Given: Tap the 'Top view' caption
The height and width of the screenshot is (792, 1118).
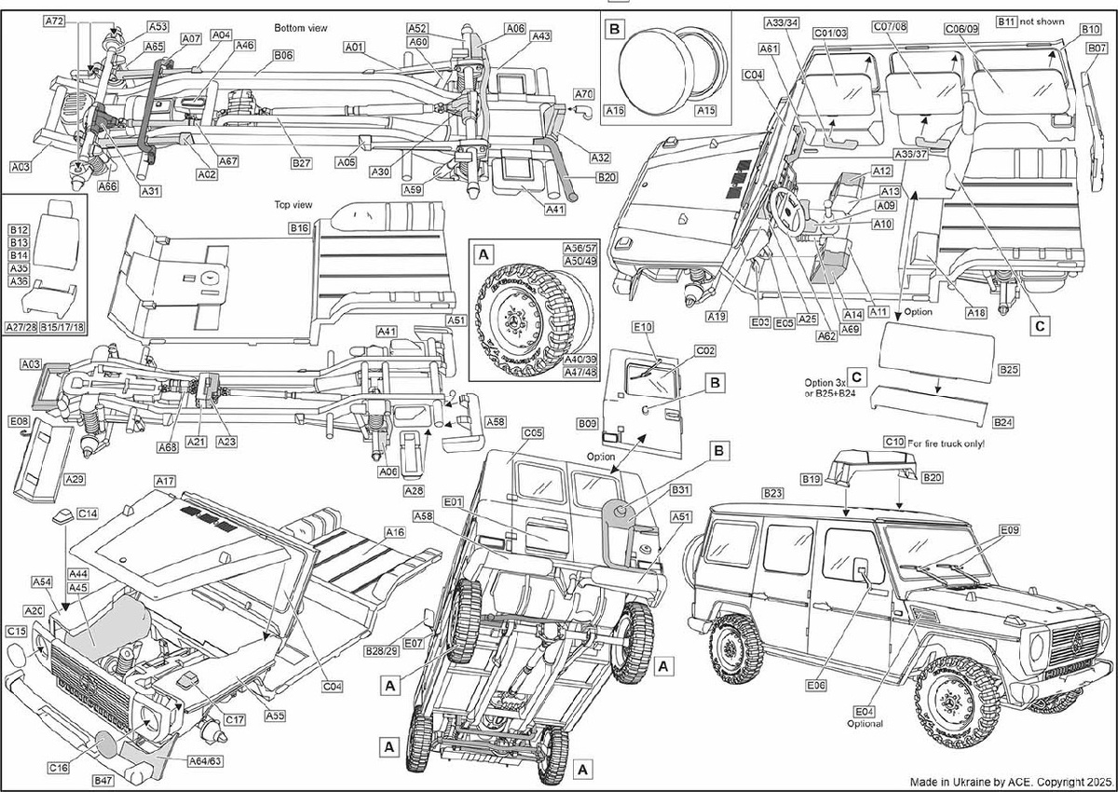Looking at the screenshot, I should [293, 203].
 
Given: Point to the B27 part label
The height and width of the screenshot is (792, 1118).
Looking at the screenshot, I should [301, 163].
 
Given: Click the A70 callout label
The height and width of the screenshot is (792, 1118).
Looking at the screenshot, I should [584, 94].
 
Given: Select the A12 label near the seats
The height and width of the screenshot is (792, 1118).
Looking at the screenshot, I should [882, 171].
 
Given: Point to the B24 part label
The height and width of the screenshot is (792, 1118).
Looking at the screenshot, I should [1003, 422].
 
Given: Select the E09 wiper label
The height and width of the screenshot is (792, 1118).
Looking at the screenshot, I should [1009, 531].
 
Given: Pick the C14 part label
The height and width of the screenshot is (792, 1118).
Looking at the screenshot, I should [89, 513].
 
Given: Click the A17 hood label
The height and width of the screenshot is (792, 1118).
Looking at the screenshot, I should [166, 481].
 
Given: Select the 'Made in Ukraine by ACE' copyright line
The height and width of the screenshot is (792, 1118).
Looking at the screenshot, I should [1010, 779].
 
